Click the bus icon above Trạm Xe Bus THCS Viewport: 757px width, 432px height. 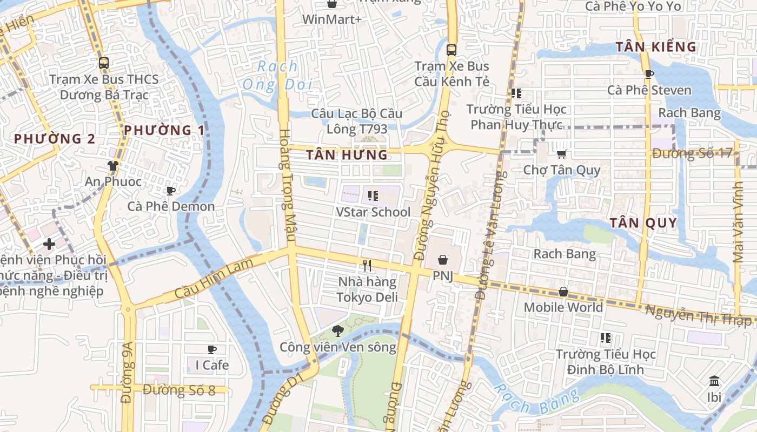pos(104,63)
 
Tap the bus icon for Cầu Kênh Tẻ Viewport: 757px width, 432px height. pos(451,50)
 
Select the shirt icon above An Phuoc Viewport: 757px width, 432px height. pos(113,165)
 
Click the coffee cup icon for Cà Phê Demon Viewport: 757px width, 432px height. pos(171,191)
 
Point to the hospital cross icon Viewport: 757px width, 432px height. pos(49,244)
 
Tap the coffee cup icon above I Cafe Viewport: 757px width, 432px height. pos(212,349)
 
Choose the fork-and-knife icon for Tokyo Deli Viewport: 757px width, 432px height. pos(368,266)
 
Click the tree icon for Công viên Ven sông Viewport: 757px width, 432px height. pos(338,330)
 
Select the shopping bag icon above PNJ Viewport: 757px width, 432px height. pos(443,260)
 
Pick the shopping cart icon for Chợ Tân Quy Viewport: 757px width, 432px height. pos(562,154)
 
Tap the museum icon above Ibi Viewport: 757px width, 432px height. pos(714,381)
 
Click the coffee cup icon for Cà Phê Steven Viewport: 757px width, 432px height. pos(649,74)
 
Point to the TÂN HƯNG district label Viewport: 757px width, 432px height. pos(347,156)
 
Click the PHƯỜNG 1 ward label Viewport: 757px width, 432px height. pos(164,130)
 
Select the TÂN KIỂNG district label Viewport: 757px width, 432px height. pos(656,47)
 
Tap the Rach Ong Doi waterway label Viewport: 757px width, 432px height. pos(277,75)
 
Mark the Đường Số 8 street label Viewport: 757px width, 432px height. pos(179,389)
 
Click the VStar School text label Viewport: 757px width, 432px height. pos(373,212)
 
